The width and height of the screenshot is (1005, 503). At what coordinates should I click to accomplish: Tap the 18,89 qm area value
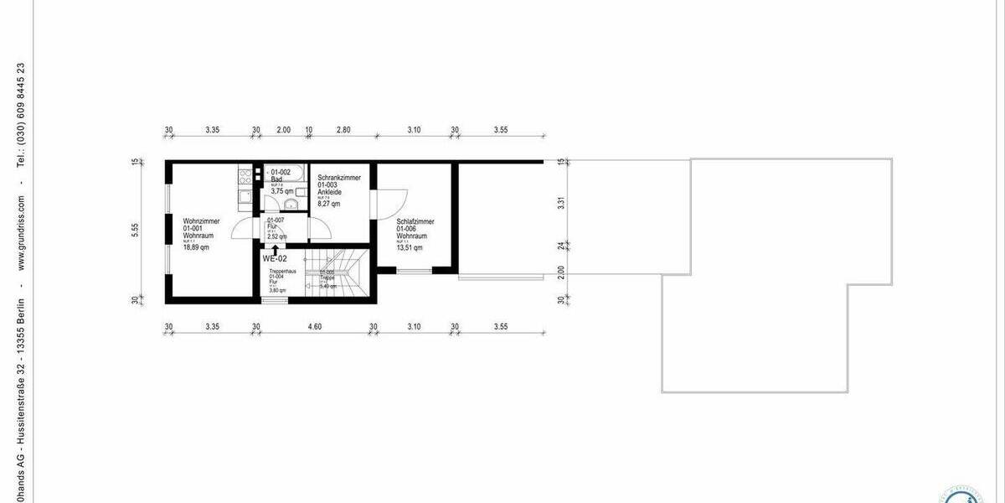pyautogui.click(x=197, y=247)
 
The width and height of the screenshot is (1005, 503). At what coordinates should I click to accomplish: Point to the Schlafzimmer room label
pyautogui.click(x=415, y=221)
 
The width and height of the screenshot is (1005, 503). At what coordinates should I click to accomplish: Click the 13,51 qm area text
pyautogui.click(x=410, y=247)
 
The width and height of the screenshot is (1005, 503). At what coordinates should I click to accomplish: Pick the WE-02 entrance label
pyautogui.click(x=275, y=259)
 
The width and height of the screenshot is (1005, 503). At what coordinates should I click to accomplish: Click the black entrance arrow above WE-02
pyautogui.click(x=275, y=249)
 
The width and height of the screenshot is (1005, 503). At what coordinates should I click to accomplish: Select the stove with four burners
pyautogui.click(x=245, y=177)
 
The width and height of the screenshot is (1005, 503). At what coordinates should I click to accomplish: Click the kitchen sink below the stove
pyautogui.click(x=244, y=198)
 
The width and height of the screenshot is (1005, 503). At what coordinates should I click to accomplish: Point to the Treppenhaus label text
pyautogui.click(x=281, y=272)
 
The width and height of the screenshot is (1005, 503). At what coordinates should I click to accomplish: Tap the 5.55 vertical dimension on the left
pyautogui.click(x=135, y=231)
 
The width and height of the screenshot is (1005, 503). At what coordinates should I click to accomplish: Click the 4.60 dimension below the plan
pyautogui.click(x=315, y=326)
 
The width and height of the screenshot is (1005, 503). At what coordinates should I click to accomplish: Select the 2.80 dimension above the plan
pyautogui.click(x=343, y=130)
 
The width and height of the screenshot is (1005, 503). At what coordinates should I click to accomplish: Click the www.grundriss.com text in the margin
pyautogui.click(x=22, y=236)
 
